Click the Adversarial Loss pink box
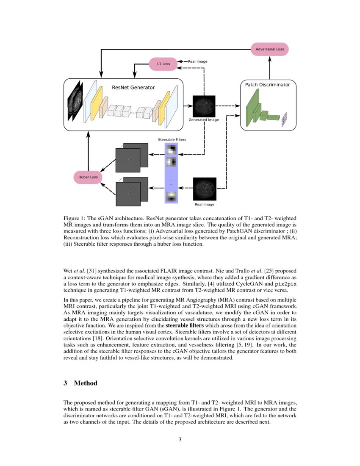click(x=270, y=49)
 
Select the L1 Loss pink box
click(x=163, y=64)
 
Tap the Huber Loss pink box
click(x=88, y=177)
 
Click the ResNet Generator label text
click(x=133, y=88)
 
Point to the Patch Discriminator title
click(x=268, y=85)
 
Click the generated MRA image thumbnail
click(x=204, y=106)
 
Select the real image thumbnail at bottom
click(x=205, y=189)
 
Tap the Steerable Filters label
click(x=172, y=139)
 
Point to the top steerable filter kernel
click(x=171, y=150)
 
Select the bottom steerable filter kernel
click(x=171, y=196)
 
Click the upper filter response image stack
click(x=132, y=158)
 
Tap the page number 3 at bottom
click(x=180, y=439)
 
